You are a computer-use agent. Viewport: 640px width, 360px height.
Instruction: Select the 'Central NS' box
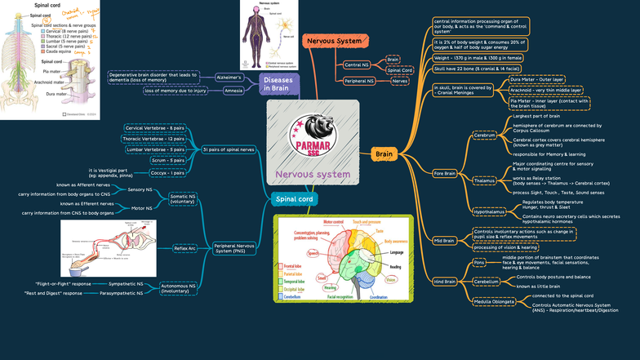click(x=356, y=64)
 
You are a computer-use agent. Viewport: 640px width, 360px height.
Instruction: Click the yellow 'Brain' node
click(x=383, y=153)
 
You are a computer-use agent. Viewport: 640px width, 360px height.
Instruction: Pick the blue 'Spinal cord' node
click(x=295, y=198)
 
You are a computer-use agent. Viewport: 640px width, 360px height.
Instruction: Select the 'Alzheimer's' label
click(x=229, y=77)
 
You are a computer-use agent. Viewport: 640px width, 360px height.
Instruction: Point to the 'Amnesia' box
click(x=233, y=91)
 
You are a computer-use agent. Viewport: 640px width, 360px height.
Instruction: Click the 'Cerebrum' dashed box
click(x=486, y=136)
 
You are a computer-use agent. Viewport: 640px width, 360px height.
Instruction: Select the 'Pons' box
click(x=479, y=262)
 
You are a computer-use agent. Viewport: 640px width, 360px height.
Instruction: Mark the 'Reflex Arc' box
click(x=184, y=247)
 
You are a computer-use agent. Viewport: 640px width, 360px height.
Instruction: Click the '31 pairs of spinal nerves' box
click(x=229, y=150)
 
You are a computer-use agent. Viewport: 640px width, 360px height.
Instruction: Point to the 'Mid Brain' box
click(x=444, y=241)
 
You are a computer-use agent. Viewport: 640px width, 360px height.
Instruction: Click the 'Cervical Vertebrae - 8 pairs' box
click(x=154, y=128)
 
